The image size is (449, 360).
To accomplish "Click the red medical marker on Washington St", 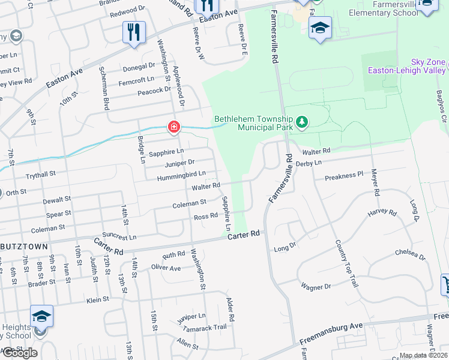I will (x=173, y=127).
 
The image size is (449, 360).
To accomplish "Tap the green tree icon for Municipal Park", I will (x=303, y=124).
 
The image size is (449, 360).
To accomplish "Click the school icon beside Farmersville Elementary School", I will (x=320, y=28).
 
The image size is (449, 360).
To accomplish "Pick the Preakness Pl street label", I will (x=344, y=176).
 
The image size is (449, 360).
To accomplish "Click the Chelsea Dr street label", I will (x=411, y=253).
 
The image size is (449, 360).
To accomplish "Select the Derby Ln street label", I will (x=309, y=163).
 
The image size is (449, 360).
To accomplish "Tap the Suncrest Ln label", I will (x=119, y=237).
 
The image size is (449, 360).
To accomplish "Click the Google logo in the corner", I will (x=19, y=353).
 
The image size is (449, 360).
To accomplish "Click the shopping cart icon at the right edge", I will (x=444, y=284).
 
